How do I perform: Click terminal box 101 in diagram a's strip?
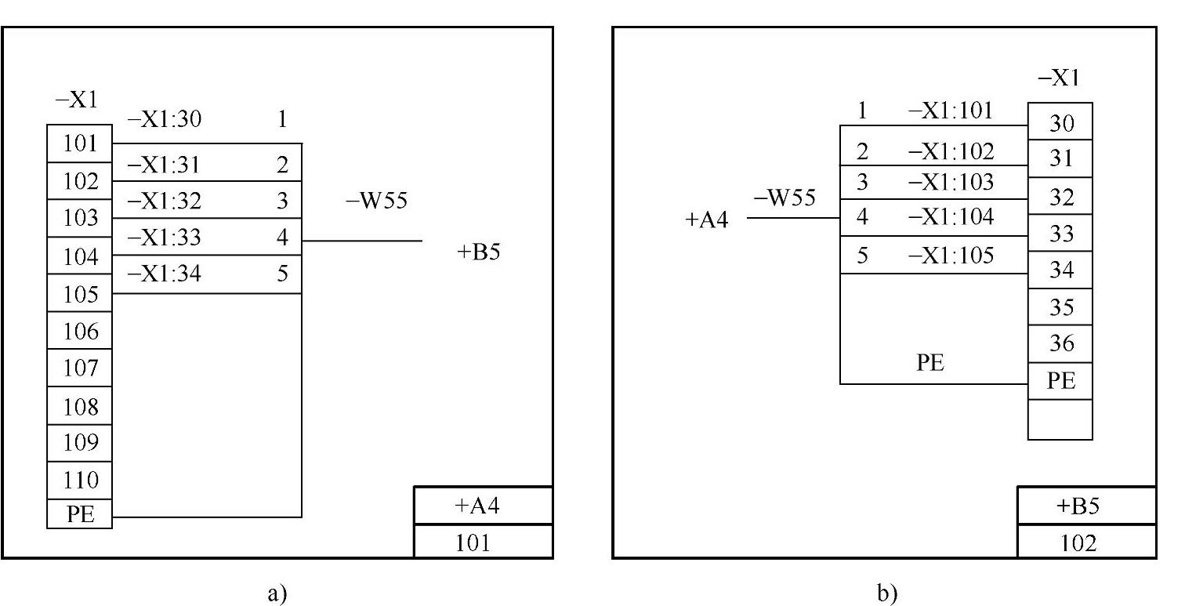(x=80, y=143)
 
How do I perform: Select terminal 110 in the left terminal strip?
(x=80, y=480)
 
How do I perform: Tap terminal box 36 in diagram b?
(x=1060, y=343)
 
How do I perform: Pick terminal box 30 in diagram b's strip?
(x=1060, y=122)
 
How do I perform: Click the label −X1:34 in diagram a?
(x=164, y=274)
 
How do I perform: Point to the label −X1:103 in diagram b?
(x=951, y=183)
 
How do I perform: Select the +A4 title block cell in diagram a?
(x=483, y=506)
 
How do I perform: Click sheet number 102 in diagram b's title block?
(x=1086, y=542)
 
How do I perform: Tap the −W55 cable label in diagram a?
(x=376, y=201)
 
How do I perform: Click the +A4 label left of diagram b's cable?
(x=706, y=220)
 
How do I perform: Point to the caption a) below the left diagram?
(x=277, y=594)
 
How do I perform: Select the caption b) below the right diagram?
(x=886, y=594)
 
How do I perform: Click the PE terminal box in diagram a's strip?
(x=80, y=514)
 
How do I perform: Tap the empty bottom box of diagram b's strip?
(x=1060, y=419)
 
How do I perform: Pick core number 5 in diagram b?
(x=862, y=256)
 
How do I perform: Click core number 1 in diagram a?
(x=282, y=120)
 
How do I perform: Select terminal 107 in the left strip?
(x=80, y=368)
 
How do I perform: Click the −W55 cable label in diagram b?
(x=784, y=198)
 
